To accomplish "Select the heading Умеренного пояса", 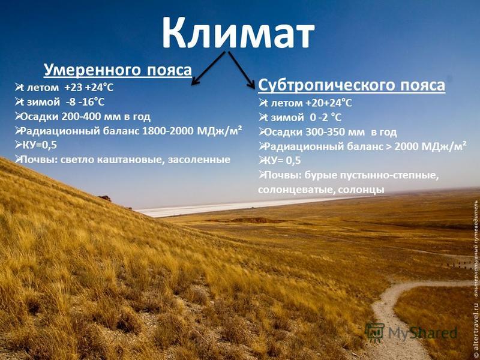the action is [x=118, y=70].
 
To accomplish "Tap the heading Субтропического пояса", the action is [x=352, y=85].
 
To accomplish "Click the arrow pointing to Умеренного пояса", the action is [x=208, y=68].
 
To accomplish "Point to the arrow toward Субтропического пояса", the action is [x=242, y=70].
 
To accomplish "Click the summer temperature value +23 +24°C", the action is [x=89, y=88].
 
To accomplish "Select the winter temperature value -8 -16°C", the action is [x=85, y=102].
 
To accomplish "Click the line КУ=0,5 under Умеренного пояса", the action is [x=37, y=145].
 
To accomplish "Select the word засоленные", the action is [x=199, y=160].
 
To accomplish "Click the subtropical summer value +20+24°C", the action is [x=328, y=103].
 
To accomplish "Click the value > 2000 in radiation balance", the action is [x=402, y=146].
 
